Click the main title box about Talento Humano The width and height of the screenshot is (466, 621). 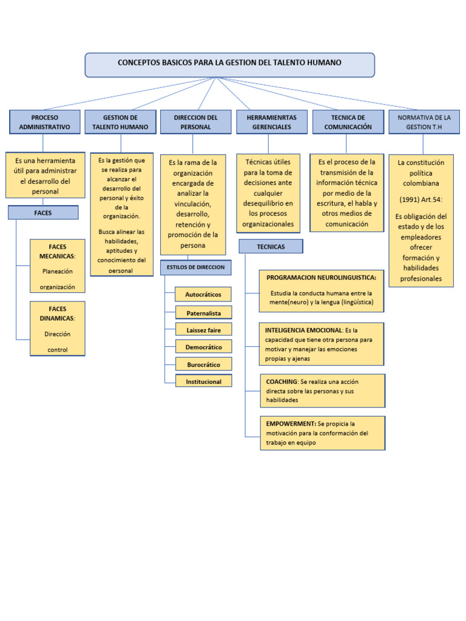coord(229,64)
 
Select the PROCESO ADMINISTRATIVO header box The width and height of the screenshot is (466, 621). coord(44,122)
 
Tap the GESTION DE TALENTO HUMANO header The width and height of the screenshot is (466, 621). coord(120,122)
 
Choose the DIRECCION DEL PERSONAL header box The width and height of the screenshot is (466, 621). coord(195,122)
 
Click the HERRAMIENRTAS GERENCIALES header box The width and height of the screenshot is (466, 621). coord(271,122)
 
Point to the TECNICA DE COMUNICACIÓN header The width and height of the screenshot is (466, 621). coord(348,122)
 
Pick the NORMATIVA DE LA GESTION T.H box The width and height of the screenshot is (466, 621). coord(424,122)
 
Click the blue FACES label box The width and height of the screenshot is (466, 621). coord(43,213)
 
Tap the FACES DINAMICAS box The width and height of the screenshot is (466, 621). coord(58,328)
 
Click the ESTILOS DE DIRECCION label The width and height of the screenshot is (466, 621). coord(195,267)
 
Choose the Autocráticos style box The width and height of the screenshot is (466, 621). coord(203,295)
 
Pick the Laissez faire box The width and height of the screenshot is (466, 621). coord(203,330)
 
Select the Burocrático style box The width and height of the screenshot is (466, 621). coord(203,364)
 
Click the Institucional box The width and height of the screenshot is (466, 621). coord(203,381)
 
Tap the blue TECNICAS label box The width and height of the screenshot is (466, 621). coord(271,247)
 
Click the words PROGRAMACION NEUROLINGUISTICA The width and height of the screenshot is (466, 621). coord(321,278)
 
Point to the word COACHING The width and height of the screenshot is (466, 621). coord(282,382)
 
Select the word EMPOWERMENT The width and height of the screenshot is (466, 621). coord(290,423)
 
